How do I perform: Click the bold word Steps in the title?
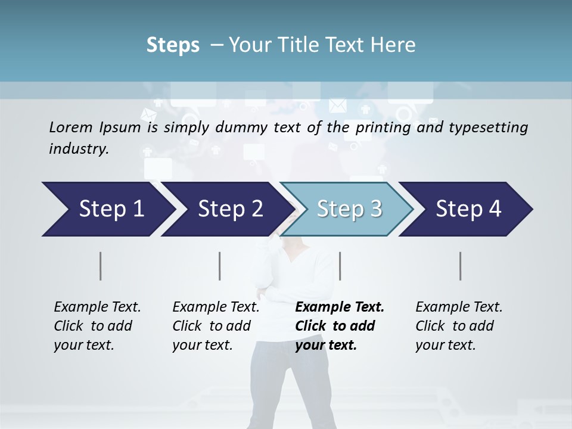[x=173, y=45]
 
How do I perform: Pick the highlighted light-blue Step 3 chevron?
[x=349, y=209]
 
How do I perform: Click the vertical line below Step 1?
[x=101, y=266]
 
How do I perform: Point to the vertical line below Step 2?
[x=220, y=266]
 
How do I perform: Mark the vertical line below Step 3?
[x=340, y=266]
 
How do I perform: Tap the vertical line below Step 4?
[x=460, y=266]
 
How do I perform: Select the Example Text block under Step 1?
[x=97, y=326]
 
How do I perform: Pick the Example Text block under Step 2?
[x=216, y=326]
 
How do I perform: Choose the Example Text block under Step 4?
[x=459, y=326]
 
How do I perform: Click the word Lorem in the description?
[x=70, y=127]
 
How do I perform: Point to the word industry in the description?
[x=79, y=149]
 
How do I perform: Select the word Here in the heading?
[x=394, y=45]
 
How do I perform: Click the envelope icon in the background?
[x=337, y=106]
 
